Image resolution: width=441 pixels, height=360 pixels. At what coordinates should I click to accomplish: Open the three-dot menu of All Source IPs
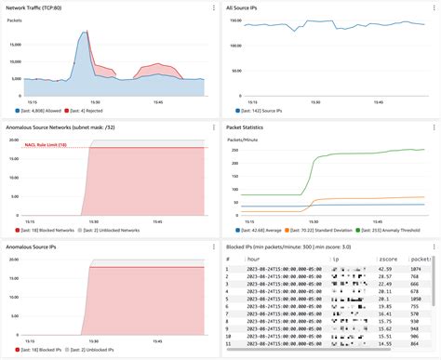pos(434,7)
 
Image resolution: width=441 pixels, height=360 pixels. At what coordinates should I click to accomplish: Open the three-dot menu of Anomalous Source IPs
pos(214,247)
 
